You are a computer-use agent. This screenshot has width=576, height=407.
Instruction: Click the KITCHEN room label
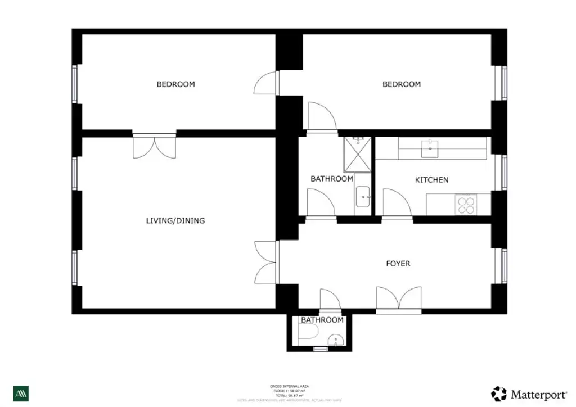pos(431,180)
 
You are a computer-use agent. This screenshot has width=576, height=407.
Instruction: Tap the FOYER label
pos(398,263)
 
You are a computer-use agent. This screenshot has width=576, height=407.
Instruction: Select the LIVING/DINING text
pos(175,221)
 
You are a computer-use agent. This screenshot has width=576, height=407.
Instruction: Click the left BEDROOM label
pos(175,84)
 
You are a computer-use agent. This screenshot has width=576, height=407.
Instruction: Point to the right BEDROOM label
pos(401,84)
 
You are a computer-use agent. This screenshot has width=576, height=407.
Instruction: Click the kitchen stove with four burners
pos(466,203)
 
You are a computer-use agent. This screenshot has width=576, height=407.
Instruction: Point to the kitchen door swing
pos(396,203)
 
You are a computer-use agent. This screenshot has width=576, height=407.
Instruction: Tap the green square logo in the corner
pos(21,393)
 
